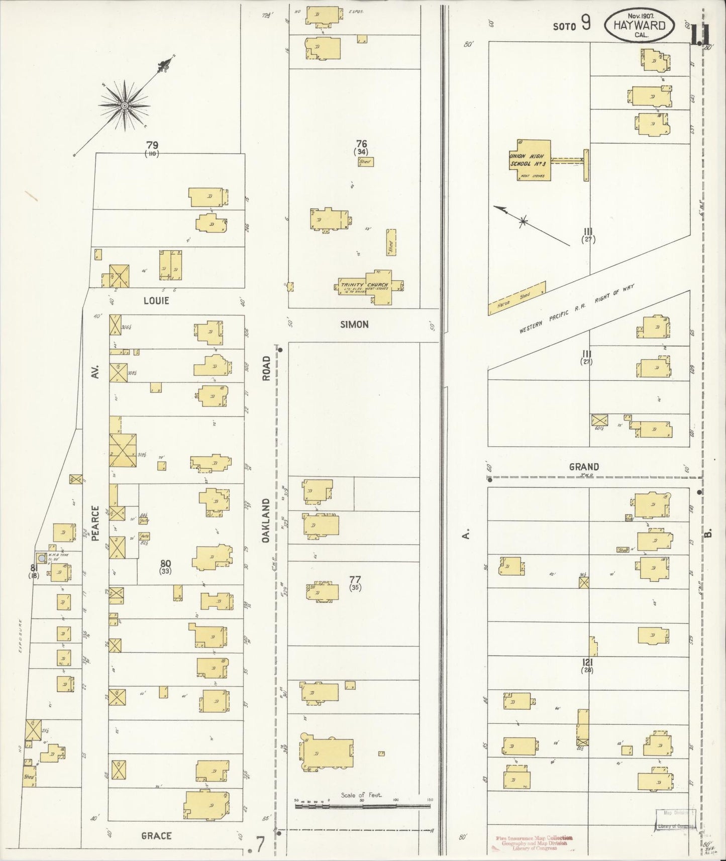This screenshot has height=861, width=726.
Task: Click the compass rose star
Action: click(124, 104)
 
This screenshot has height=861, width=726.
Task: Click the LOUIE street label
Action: click(156, 301)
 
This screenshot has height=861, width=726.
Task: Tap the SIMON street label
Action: click(354, 325)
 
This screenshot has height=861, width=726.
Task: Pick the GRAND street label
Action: click(583, 467)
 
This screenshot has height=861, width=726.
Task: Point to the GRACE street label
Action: click(156, 835)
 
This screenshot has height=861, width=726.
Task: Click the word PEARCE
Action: click(95, 522)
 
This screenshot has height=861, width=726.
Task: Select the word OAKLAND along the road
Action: click(267, 521)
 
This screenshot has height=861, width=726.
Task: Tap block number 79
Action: click(152, 145)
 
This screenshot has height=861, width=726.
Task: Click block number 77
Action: click(355, 580)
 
